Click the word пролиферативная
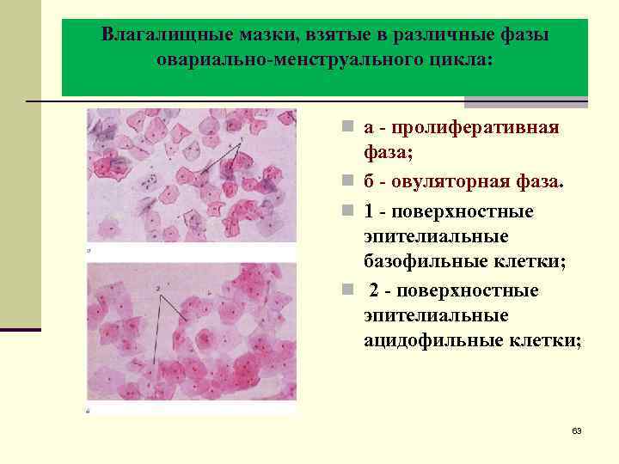475,128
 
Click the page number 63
576,430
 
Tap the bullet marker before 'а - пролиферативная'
345,129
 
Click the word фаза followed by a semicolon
388,155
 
